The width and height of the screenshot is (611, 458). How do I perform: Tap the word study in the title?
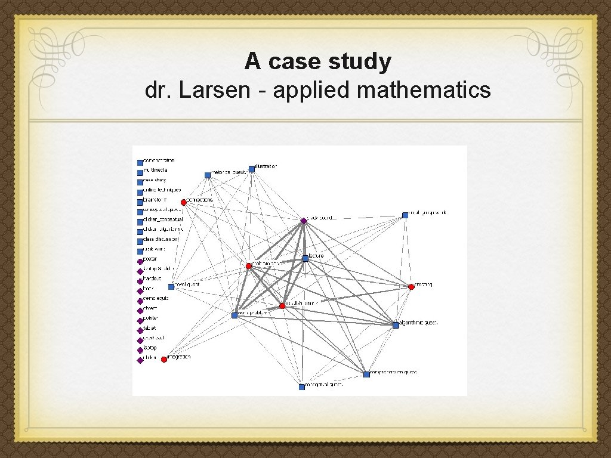tap(363, 61)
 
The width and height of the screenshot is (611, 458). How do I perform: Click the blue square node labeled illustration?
tap(252, 169)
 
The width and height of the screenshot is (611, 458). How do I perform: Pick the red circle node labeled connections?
tap(184, 202)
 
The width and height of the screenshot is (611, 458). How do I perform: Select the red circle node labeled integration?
tap(164, 359)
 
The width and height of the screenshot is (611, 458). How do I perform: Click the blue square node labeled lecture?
tap(305, 258)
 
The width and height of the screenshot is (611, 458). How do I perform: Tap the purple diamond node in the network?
tap(304, 221)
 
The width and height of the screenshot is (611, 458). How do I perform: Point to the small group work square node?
tap(405, 215)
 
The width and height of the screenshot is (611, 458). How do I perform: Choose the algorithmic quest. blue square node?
tap(396, 325)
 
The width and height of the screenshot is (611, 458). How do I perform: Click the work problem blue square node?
tap(234, 315)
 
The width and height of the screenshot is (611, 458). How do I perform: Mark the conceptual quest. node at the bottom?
tap(302, 386)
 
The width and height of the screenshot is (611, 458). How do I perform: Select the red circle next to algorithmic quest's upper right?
tap(411, 287)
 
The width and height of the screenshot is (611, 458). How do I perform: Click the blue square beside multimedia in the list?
tap(140, 172)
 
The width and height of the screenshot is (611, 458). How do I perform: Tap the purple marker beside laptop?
tap(140, 350)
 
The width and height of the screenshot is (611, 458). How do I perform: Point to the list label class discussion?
tap(161, 239)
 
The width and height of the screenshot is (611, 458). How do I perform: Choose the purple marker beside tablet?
tap(140, 330)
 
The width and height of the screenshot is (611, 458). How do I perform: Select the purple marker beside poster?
tap(140, 261)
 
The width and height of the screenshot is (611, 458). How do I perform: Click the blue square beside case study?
tap(140, 182)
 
